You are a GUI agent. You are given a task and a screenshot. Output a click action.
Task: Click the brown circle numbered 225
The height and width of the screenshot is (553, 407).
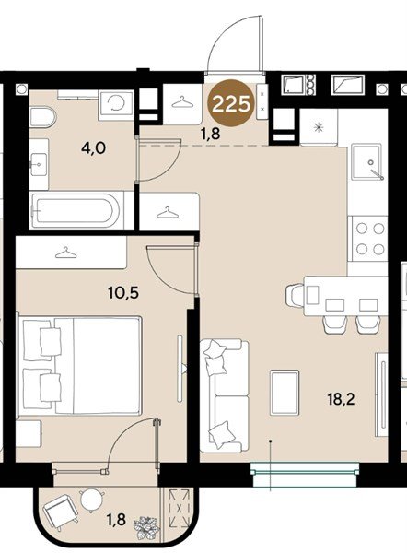[x=231, y=103]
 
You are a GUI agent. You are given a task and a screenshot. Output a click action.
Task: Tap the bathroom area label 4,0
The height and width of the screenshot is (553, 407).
[x=93, y=148]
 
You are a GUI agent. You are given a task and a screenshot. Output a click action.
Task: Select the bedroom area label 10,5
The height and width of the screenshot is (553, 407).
[x=123, y=293]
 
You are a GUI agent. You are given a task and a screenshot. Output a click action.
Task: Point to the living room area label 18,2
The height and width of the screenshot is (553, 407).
[x=341, y=400]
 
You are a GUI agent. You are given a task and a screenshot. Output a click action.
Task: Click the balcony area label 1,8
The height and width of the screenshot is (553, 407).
[x=116, y=520]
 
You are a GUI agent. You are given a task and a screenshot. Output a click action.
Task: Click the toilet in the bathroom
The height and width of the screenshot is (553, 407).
[x=42, y=117]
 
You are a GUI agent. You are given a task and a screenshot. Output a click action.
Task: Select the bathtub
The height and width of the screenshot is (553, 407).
[x=76, y=211]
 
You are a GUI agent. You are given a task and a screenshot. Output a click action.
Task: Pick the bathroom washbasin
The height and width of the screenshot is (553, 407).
[x=39, y=164]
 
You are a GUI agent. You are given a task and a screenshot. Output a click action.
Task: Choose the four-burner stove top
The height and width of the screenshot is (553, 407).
[x=369, y=239]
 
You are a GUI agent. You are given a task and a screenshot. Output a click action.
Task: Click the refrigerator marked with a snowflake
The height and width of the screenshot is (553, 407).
[x=319, y=127]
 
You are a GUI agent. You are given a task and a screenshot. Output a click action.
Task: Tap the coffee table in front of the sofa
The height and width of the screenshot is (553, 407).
[x=285, y=393]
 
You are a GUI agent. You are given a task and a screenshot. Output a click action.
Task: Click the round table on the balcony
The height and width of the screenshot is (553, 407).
[x=92, y=499]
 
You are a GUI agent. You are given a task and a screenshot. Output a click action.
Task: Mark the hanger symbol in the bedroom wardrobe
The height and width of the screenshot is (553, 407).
[x=66, y=253]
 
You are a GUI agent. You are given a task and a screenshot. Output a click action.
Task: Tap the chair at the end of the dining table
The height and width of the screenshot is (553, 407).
[x=295, y=295]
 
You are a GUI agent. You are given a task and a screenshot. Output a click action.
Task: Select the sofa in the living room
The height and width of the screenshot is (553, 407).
[x=224, y=395]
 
